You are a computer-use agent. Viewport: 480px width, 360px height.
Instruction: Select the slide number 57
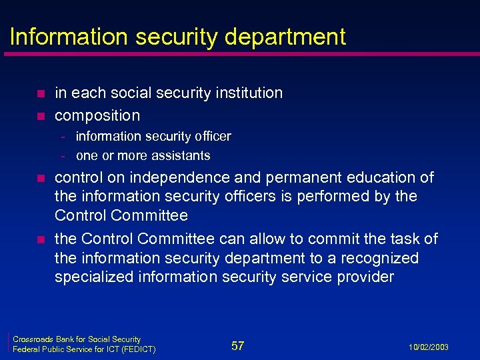coord(238,345)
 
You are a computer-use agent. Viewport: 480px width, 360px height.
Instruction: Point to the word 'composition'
coord(97,115)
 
